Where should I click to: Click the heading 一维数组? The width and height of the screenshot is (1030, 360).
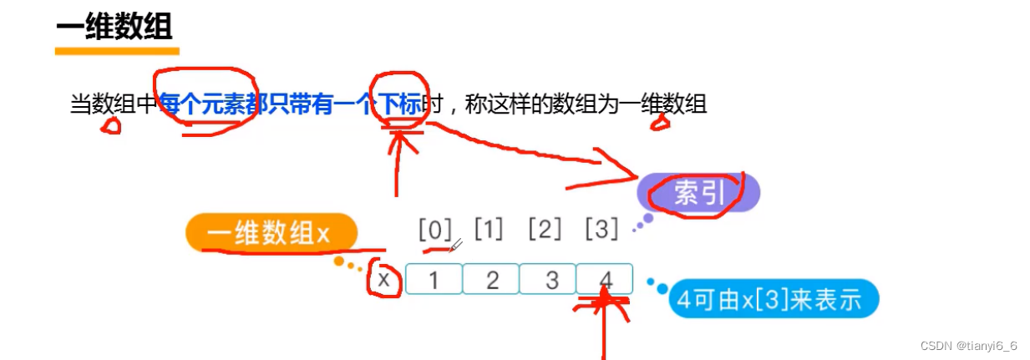(114, 27)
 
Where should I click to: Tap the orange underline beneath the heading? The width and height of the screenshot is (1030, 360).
(117, 51)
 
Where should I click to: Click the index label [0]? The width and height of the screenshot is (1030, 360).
(434, 229)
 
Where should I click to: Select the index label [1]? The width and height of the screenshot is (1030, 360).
(489, 229)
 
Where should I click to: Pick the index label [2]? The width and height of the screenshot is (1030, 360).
(545, 229)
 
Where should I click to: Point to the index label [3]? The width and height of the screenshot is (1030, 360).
(601, 229)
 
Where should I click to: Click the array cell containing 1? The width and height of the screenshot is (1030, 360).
(434, 280)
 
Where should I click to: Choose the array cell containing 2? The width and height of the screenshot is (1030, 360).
(491, 280)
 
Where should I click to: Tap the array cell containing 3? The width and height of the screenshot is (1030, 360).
(548, 280)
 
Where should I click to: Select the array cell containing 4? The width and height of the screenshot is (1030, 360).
(605, 280)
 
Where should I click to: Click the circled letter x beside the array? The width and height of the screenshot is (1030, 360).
(383, 279)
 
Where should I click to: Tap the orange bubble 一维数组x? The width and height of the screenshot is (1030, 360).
(271, 233)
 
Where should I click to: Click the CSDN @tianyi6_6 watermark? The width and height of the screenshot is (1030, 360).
(968, 345)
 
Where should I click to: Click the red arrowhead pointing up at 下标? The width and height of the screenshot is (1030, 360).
(402, 137)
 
